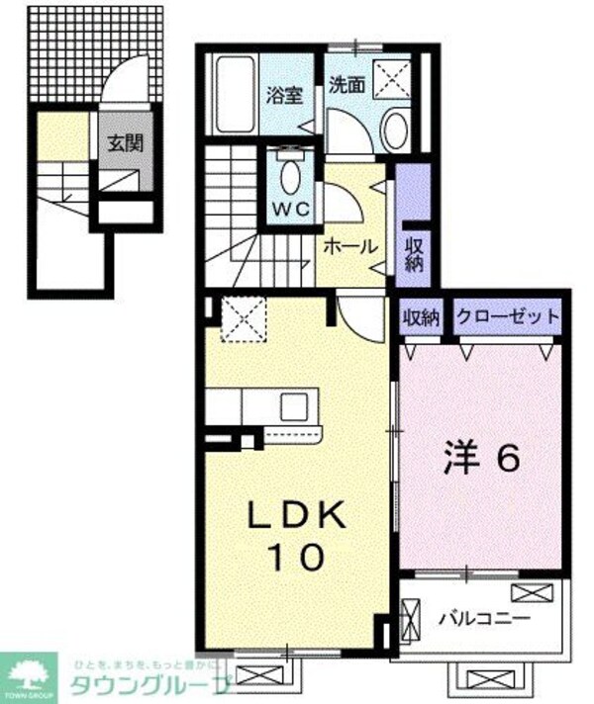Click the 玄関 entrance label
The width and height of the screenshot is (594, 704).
[125, 142]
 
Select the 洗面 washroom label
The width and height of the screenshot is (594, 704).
[346, 85]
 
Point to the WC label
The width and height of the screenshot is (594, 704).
[288, 209]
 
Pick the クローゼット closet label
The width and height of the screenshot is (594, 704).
[506, 317]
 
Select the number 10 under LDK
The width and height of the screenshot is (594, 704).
[294, 559]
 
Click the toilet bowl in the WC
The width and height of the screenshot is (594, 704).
[289, 177]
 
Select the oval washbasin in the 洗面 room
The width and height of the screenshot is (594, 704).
[395, 128]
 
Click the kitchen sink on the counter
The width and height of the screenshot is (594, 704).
[294, 405]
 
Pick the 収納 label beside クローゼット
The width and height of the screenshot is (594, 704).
[421, 317]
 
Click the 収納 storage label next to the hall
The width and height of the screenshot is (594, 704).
[414, 254]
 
